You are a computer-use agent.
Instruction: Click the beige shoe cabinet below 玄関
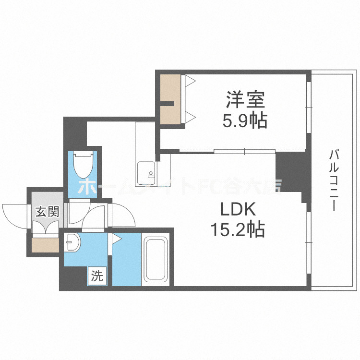pos(46,244)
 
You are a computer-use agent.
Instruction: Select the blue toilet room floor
pos(82,185)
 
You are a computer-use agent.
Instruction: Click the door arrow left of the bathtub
pos(117,238)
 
